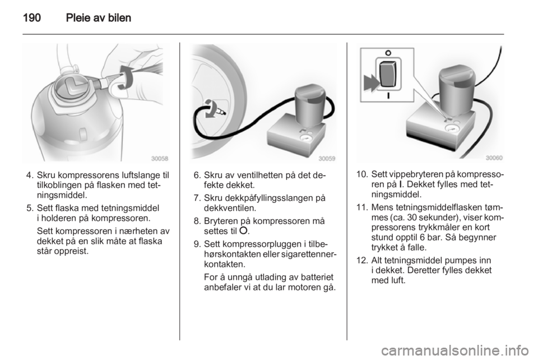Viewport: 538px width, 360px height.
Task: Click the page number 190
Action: (32, 17)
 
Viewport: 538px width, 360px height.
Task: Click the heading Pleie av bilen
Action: (99, 17)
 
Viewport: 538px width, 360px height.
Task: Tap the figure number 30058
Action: (160, 159)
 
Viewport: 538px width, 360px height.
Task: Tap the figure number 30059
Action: (327, 159)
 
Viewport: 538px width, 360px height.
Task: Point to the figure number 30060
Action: (494, 158)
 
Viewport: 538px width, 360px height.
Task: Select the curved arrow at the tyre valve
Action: (209, 109)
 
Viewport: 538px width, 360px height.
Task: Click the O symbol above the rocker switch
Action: (388, 53)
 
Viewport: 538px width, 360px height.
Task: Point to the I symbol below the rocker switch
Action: (388, 96)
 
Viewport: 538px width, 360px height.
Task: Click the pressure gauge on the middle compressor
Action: (305, 139)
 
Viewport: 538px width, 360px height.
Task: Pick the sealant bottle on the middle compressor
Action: (309, 104)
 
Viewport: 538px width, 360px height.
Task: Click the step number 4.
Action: (29, 176)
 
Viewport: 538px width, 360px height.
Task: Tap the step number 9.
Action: (196, 244)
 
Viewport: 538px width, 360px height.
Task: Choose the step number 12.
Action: (361, 260)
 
